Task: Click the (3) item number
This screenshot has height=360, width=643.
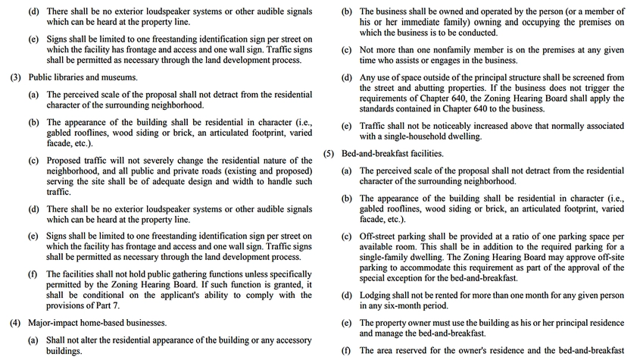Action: point(16,77)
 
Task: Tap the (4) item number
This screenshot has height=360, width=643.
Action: point(16,323)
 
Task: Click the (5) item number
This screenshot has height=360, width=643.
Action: point(329,153)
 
